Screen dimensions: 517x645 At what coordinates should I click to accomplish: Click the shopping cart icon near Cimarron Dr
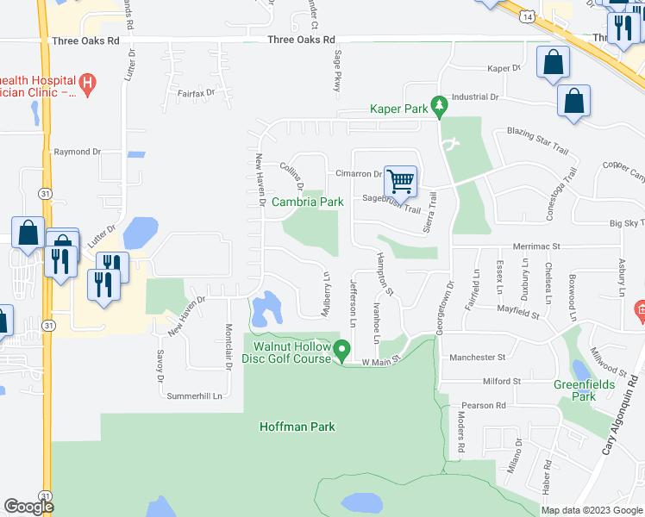(400, 182)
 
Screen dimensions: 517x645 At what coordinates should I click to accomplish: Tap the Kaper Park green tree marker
(439, 108)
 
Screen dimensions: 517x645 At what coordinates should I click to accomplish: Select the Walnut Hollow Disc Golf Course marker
(342, 351)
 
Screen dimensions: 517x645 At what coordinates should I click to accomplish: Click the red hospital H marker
(86, 83)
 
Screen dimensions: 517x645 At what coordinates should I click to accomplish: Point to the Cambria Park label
(308, 202)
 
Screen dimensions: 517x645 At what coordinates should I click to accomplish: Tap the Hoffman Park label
(297, 427)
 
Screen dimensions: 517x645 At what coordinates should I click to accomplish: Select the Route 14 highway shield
(527, 16)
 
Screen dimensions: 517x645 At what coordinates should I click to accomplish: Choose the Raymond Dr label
(78, 152)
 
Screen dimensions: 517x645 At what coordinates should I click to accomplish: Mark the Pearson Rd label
(483, 405)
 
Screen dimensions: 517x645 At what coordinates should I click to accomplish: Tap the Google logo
(29, 507)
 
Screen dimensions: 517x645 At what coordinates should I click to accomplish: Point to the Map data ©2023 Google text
(592, 510)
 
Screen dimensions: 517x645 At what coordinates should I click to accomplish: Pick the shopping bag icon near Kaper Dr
(553, 63)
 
